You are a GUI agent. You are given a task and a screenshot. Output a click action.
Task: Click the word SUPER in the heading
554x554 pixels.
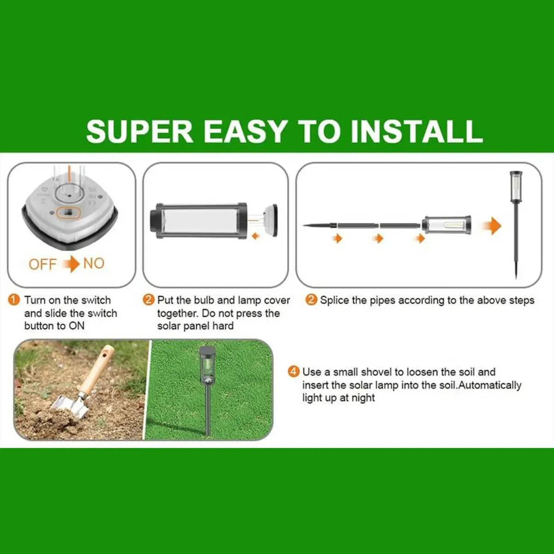pyautogui.click(x=140, y=132)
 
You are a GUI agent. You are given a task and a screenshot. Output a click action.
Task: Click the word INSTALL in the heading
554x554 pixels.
pyautogui.click(x=416, y=132)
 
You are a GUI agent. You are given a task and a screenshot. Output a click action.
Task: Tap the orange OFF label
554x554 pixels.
pyautogui.click(x=42, y=264)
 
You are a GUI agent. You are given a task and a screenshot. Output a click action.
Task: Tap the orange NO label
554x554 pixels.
pyautogui.click(x=94, y=263)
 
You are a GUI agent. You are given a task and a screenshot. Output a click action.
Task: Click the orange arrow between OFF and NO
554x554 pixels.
pyautogui.click(x=71, y=264)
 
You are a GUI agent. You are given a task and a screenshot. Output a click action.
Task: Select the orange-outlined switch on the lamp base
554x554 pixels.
pyautogui.click(x=68, y=213)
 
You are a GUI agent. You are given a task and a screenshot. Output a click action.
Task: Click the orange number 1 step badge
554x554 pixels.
pyautogui.click(x=14, y=300)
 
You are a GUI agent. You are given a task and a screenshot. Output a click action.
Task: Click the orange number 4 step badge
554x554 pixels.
pyautogui.click(x=293, y=372)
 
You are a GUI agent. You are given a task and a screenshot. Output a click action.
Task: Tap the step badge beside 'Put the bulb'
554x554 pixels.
pyautogui.click(x=148, y=300)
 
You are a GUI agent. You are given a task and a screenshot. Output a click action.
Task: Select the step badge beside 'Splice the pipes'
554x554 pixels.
pyautogui.click(x=311, y=300)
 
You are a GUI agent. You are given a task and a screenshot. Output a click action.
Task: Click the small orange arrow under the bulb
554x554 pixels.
pyautogui.click(x=255, y=236)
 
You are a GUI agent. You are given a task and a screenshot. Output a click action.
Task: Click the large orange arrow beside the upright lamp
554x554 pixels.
pyautogui.click(x=493, y=226)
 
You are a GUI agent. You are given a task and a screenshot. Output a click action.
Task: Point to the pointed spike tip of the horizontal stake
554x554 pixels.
pyautogui.click(x=304, y=226)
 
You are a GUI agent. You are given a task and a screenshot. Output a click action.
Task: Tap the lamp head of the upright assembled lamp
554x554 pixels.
pyautogui.click(x=516, y=187)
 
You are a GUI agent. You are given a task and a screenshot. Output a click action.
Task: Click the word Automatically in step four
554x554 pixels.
pyautogui.click(x=490, y=385)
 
